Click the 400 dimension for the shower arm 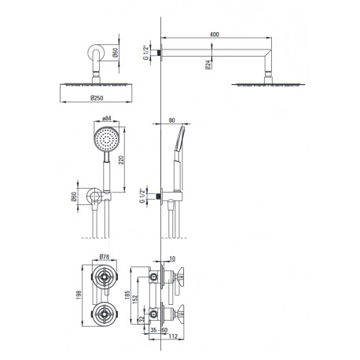pos(215,35)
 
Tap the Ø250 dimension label pos(97,98)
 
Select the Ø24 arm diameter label pos(208,64)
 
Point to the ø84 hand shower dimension pos(107,119)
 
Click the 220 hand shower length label pos(121,160)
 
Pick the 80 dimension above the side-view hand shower pos(171,120)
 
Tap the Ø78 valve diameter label pos(105,257)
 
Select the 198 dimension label pos(79,295)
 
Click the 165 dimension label pos(127,296)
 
